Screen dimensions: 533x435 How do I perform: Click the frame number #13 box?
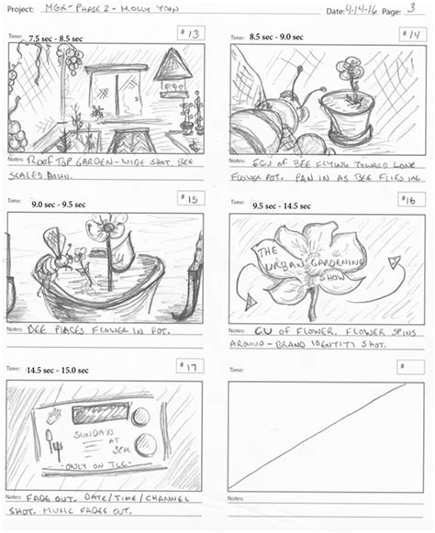(x=191, y=35)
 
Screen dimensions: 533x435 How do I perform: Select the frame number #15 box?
(x=191, y=199)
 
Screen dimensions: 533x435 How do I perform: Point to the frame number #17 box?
(x=191, y=367)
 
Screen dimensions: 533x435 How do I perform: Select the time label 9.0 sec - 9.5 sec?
(x=57, y=205)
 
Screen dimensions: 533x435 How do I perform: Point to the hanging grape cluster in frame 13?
(x=70, y=61)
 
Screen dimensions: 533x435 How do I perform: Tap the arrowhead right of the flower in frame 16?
(x=394, y=263)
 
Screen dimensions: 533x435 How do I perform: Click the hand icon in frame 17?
(x=52, y=416)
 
